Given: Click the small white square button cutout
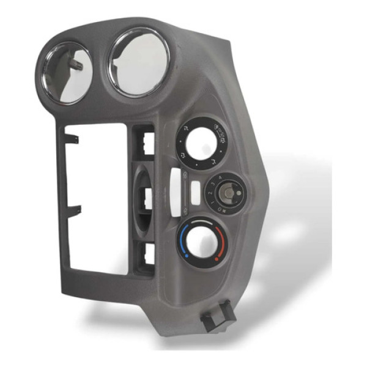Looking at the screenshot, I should tap(194, 195).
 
